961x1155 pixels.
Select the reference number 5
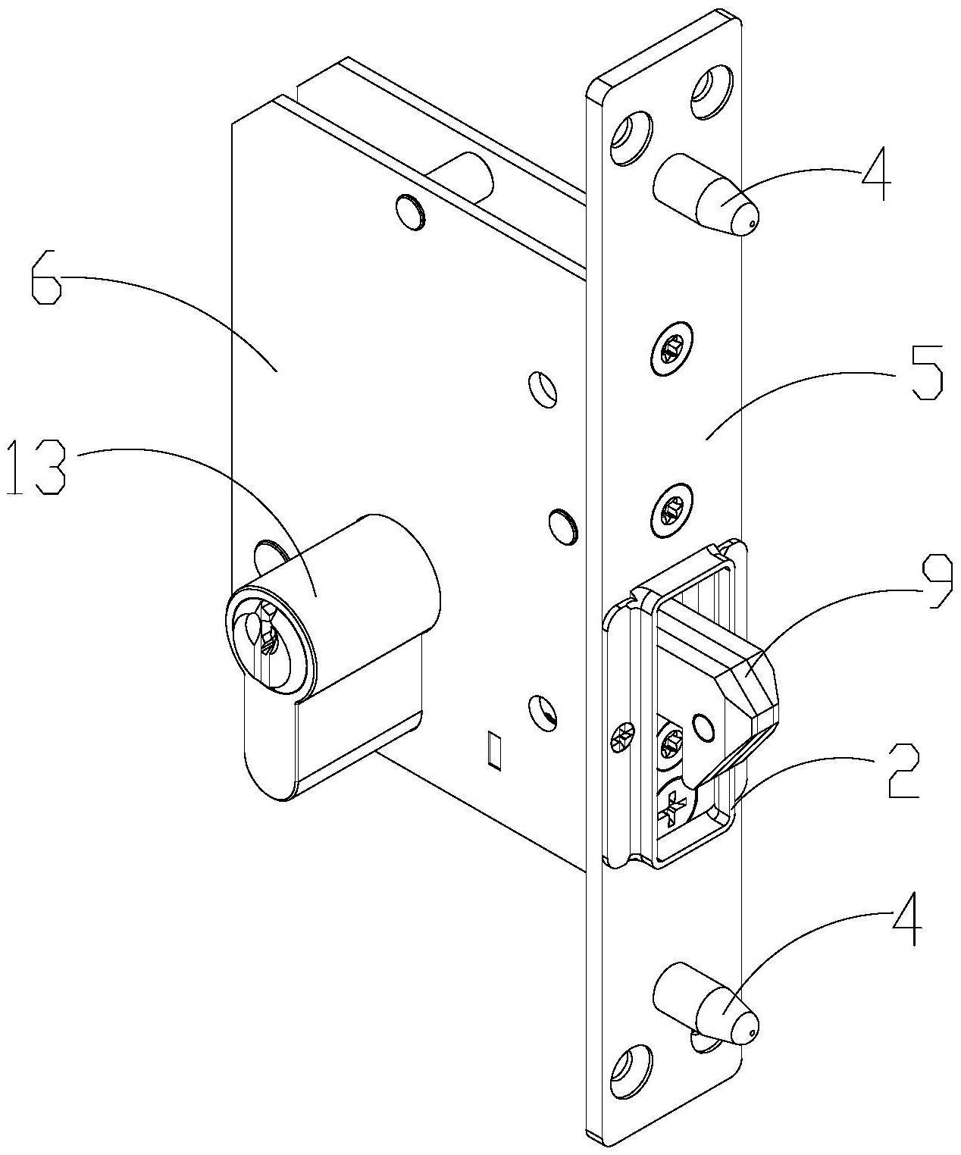[x=926, y=373]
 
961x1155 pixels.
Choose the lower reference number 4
[x=906, y=918]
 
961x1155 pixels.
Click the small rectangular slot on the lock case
[x=495, y=750]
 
